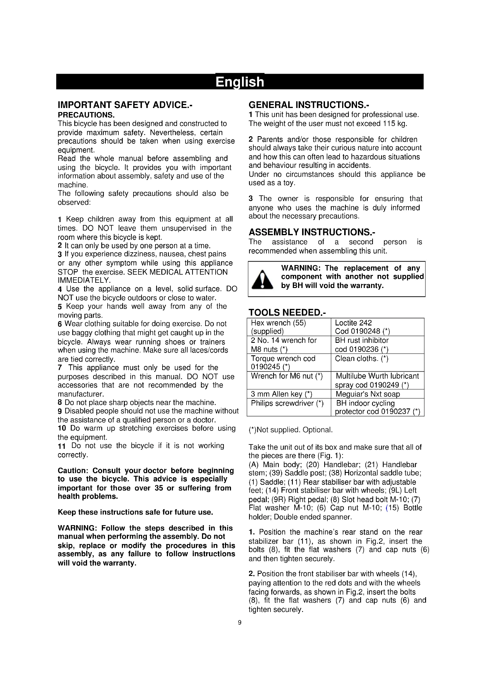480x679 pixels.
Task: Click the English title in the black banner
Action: (240, 82)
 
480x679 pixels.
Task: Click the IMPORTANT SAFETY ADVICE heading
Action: (125, 105)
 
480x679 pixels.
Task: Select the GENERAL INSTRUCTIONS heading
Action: (308, 105)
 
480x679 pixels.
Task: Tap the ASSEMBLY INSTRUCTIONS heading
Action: (312, 232)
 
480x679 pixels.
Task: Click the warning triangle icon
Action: (262, 280)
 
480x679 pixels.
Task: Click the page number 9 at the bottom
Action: (240, 622)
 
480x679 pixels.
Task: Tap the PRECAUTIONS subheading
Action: (86, 115)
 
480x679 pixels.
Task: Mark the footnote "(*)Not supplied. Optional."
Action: (290, 430)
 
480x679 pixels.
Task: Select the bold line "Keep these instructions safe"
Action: (135, 512)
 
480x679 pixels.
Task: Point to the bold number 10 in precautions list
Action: (62, 428)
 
